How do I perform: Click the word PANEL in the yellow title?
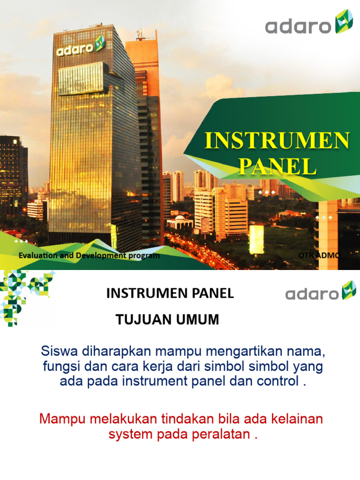(277, 166)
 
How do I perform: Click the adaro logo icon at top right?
(344, 22)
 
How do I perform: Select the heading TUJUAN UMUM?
(167, 320)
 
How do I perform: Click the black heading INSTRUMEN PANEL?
(170, 294)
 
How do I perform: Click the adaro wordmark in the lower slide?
(312, 294)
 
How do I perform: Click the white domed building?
(180, 222)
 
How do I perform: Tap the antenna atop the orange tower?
(139, 34)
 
